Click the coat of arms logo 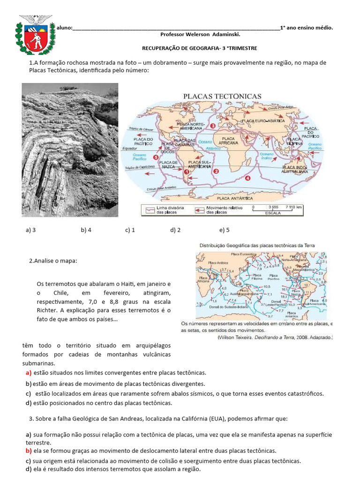coord(35,36)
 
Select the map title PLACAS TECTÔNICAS coord(222,96)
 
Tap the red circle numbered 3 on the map coord(212,126)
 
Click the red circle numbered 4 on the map coord(249,178)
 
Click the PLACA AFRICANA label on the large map coord(228,141)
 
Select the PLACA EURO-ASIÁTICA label coord(263,121)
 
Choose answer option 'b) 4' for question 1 coord(86,230)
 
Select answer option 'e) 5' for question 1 coord(224,230)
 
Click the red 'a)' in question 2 coord(29,373)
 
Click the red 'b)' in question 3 coord(29,451)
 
